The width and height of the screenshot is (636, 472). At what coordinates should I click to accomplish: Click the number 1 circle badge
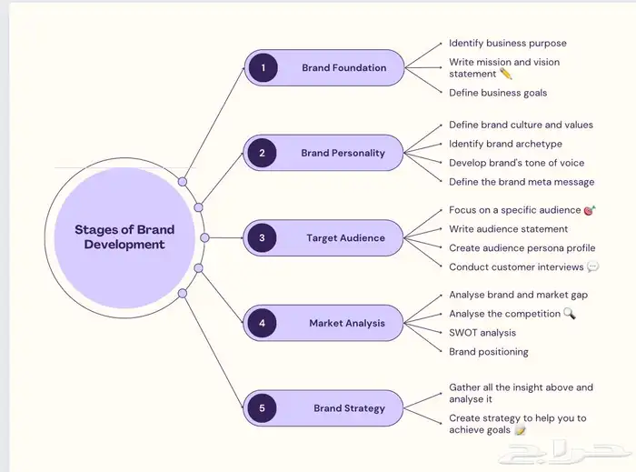(263, 68)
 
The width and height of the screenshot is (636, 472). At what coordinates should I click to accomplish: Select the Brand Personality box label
(343, 153)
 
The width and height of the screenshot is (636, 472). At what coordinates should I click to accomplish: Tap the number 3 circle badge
(263, 238)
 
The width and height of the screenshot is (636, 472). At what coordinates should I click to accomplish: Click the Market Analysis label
(346, 323)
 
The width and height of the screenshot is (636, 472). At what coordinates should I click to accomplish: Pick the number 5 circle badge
(263, 408)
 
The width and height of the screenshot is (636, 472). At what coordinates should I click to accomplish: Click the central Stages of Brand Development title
(124, 236)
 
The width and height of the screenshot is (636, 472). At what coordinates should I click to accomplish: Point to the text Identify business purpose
(507, 43)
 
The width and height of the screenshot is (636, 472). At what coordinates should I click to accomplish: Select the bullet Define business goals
(498, 92)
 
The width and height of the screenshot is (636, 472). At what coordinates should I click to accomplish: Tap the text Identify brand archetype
(505, 144)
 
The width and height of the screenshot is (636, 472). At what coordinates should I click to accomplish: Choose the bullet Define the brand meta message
(521, 182)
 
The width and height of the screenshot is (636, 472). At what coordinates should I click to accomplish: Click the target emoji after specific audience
(590, 210)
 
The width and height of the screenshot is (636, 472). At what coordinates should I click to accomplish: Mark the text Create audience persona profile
(522, 247)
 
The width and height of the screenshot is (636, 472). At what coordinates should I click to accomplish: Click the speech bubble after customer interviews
(592, 266)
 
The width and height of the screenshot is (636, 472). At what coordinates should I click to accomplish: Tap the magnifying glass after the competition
(570, 314)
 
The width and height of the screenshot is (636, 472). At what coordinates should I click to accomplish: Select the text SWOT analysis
(482, 333)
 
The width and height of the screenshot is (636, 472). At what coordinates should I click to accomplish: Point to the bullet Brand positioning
(488, 352)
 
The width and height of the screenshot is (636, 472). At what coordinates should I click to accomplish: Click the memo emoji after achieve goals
(521, 430)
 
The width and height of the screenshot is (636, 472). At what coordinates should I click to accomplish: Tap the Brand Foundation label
(343, 68)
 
